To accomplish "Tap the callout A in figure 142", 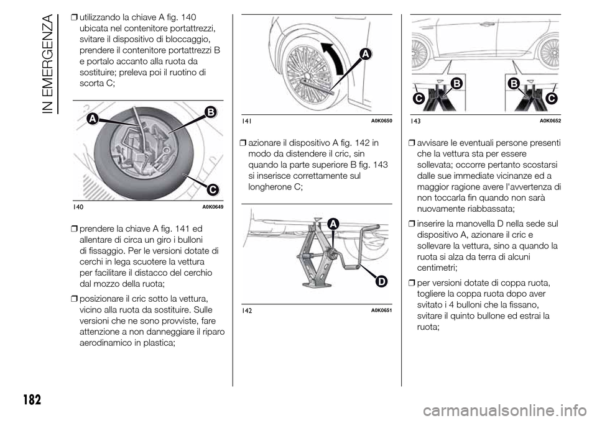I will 315,224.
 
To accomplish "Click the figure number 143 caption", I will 415,119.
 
